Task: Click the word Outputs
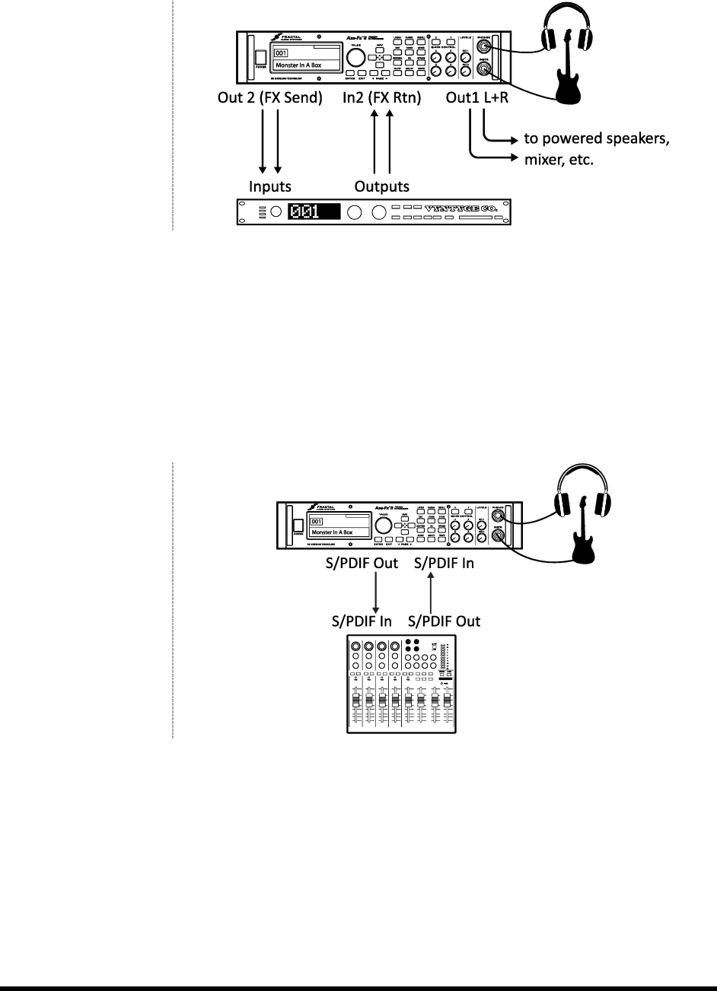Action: pyautogui.click(x=383, y=186)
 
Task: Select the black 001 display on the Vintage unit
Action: pyautogui.click(x=313, y=212)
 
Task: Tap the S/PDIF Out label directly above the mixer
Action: pyautogui.click(x=445, y=621)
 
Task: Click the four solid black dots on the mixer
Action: pyautogui.click(x=411, y=647)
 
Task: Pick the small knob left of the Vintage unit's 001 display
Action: pyautogui.click(x=275, y=212)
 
